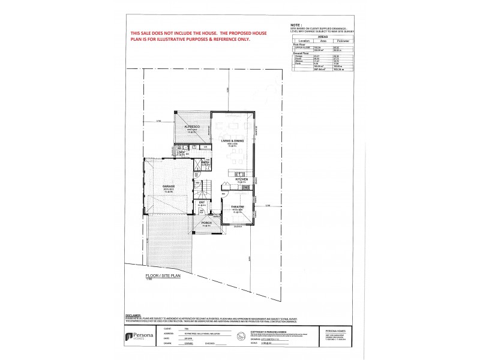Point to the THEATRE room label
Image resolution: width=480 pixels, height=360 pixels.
(238, 207)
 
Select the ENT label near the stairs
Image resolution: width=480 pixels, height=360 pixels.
(202, 203)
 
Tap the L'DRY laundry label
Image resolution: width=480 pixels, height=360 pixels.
(180, 152)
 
